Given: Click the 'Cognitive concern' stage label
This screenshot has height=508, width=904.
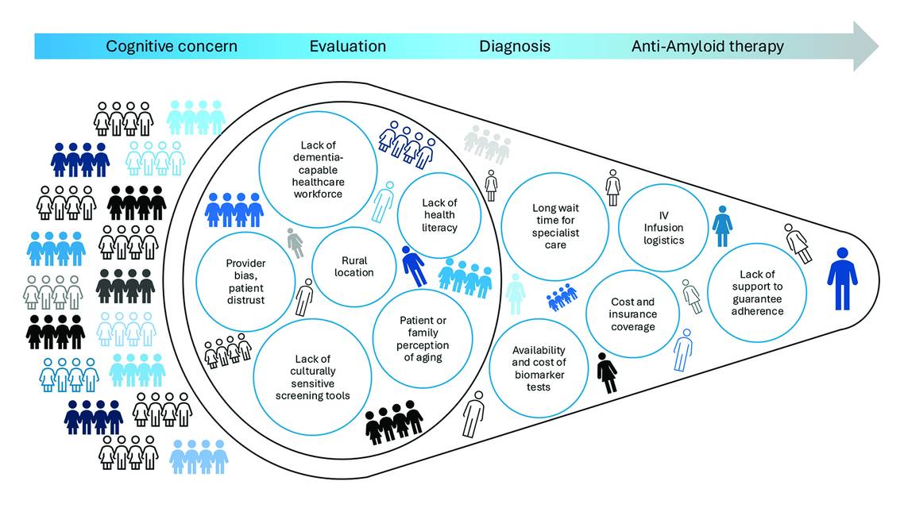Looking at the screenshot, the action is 172,46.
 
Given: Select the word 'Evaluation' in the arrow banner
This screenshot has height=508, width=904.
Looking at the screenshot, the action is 348,46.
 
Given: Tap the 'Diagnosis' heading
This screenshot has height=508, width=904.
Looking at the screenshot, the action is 515,46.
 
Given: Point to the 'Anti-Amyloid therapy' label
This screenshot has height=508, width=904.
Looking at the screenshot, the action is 708,46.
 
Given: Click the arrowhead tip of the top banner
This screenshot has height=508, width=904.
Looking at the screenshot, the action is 878,46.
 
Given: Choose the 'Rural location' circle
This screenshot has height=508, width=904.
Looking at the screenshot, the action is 354,267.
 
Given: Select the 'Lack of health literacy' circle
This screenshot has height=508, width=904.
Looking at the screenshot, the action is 439,215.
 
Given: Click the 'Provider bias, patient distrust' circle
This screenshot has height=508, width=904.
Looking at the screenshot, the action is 245,282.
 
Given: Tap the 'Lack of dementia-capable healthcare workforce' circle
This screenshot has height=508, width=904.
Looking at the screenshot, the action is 318,169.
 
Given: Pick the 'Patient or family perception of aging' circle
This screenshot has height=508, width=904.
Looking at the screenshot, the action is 423,339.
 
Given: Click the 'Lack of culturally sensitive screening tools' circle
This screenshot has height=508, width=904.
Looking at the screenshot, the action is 312,377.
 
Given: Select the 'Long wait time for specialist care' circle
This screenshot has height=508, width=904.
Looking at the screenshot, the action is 555,226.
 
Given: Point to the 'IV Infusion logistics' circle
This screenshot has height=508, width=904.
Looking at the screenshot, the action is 663,228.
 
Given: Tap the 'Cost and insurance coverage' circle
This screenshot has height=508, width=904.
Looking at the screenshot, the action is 632,314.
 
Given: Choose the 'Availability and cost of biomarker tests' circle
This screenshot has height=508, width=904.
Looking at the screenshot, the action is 539,368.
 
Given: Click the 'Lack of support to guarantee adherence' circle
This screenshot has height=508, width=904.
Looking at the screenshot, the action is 757,293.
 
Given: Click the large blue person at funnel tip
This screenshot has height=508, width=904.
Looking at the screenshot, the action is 842,279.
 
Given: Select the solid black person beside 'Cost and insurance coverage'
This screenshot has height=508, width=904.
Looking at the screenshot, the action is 607,372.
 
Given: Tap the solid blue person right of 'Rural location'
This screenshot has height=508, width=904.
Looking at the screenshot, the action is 414,266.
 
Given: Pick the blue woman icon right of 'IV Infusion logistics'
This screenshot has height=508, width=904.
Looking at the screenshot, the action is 722,226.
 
